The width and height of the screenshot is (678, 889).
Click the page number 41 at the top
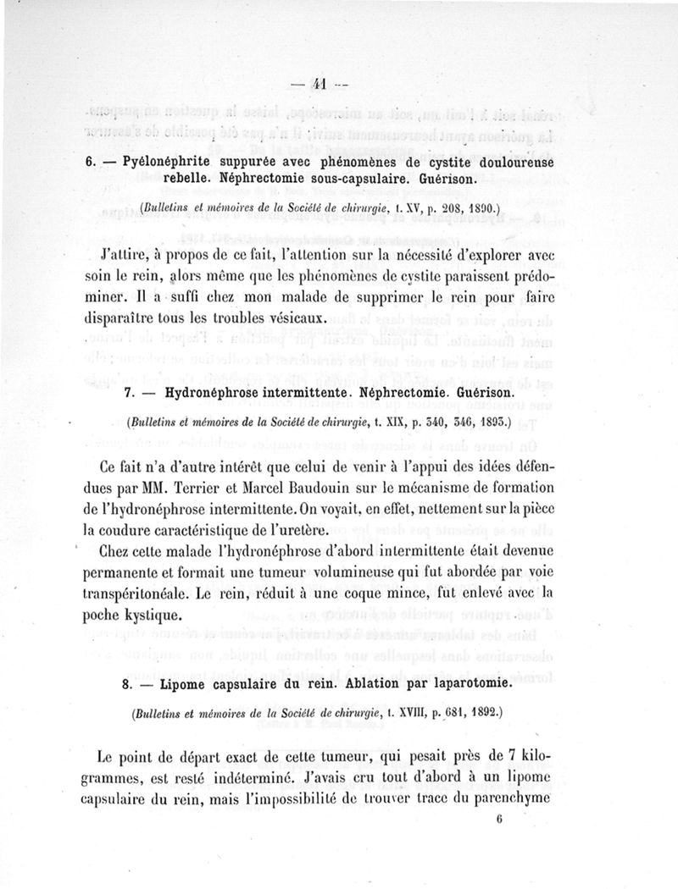coord(319,84)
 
